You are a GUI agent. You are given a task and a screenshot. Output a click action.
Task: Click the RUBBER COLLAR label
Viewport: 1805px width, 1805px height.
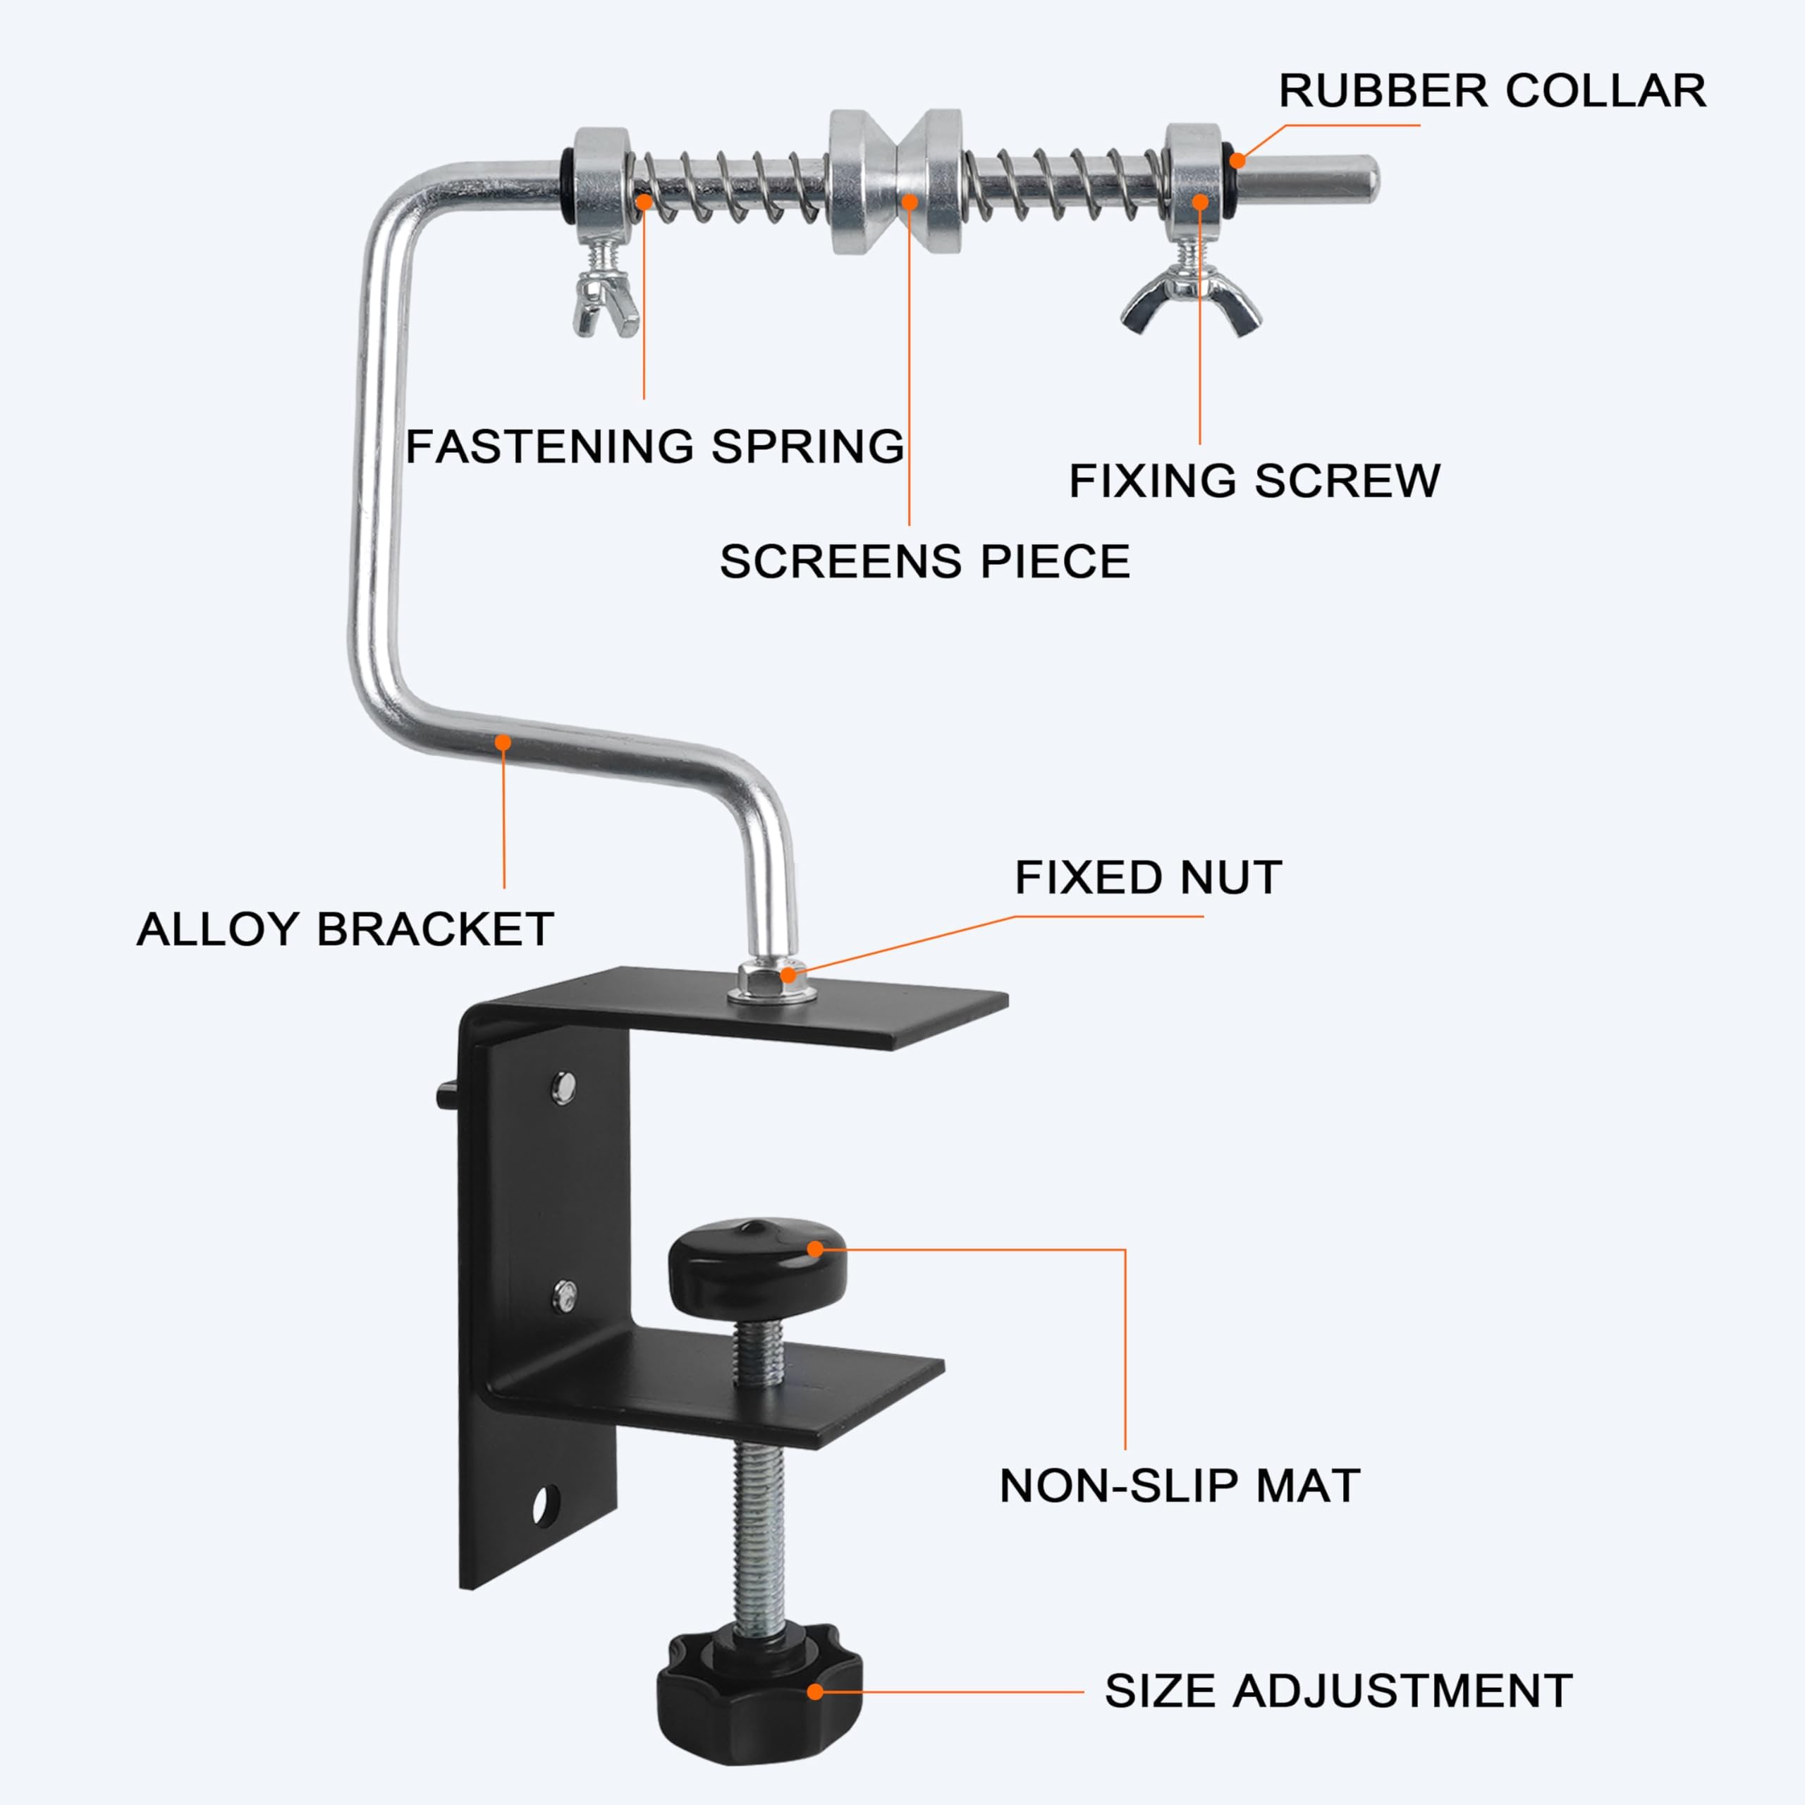tap(1492, 92)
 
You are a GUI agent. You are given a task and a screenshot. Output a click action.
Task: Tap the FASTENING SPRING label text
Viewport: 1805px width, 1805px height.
tap(655, 446)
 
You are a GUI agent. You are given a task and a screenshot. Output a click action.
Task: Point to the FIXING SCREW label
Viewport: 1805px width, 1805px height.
tap(1254, 480)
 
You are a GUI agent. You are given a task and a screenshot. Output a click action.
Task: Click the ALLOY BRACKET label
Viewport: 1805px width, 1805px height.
tap(345, 929)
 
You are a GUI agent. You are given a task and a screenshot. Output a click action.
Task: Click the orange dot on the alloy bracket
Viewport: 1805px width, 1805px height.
tap(503, 742)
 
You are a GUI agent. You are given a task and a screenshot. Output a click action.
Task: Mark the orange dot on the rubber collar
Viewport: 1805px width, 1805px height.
tap(1238, 160)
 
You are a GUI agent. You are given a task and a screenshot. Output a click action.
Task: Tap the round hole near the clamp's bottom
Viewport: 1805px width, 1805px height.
tap(541, 1505)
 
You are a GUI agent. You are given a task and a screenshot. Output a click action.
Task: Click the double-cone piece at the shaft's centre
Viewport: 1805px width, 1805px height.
tap(895, 181)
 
